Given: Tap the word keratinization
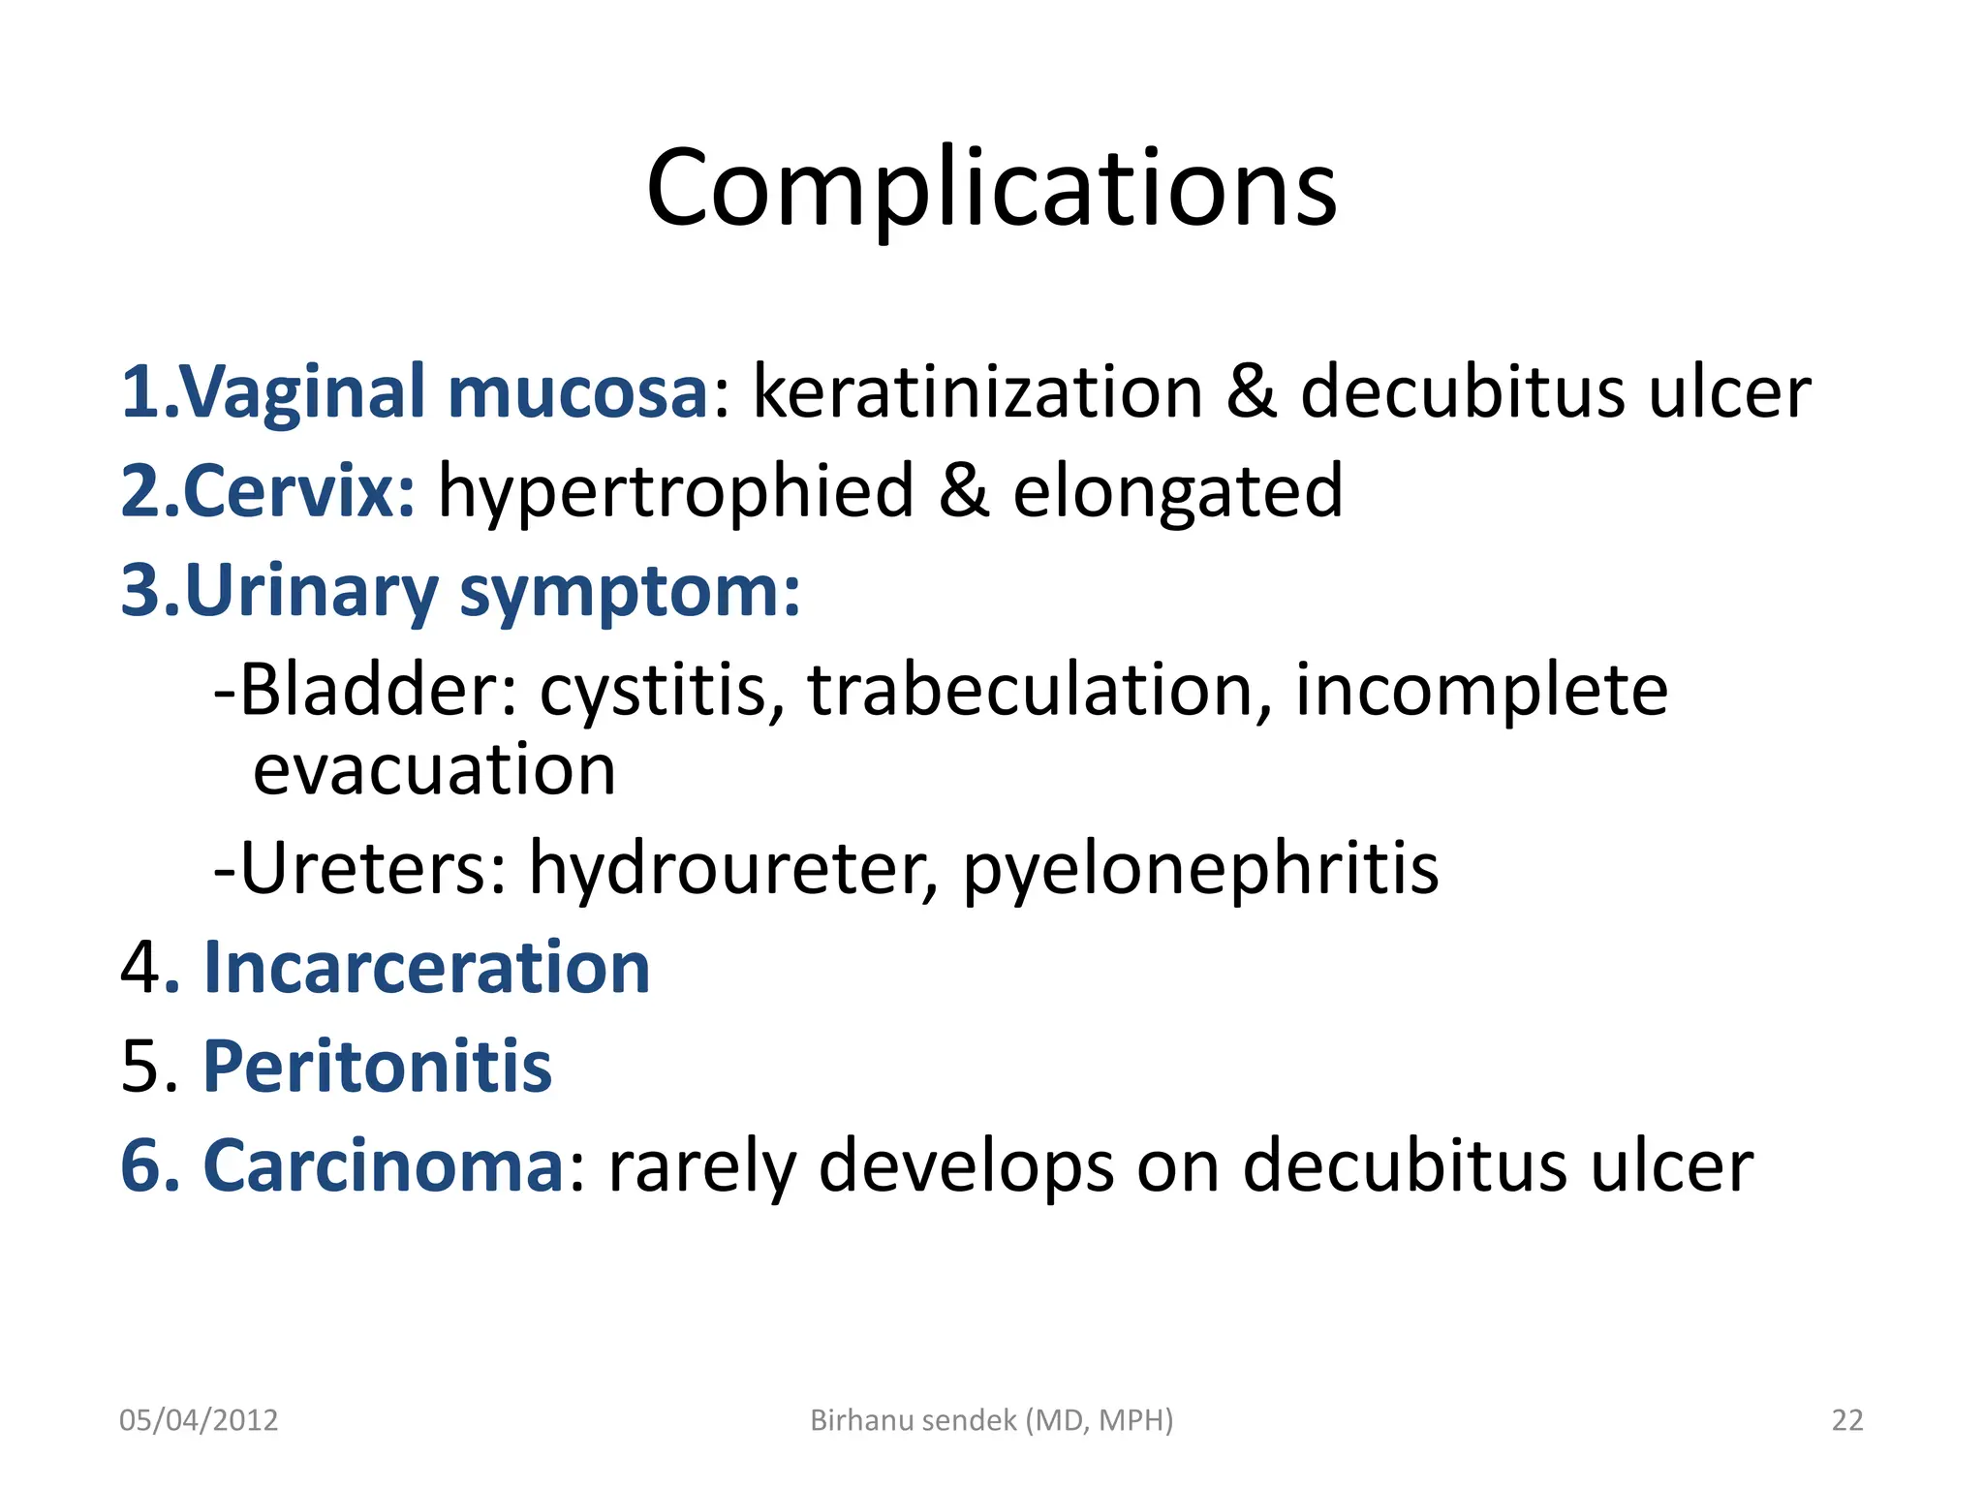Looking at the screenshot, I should click(977, 391).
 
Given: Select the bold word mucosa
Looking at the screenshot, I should click(577, 391).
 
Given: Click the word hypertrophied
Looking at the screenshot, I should click(676, 492).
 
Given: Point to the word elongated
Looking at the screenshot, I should click(1177, 492).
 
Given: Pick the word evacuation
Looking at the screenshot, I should click(434, 770).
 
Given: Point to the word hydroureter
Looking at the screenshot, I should click(733, 868).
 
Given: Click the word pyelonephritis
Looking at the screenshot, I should click(1200, 870).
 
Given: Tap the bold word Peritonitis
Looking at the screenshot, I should click(377, 1067).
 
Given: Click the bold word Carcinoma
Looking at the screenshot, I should click(383, 1165).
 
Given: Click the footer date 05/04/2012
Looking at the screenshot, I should click(199, 1420).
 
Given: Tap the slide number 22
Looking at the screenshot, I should click(1846, 1420).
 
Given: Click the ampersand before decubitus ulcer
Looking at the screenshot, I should click(1252, 391).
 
